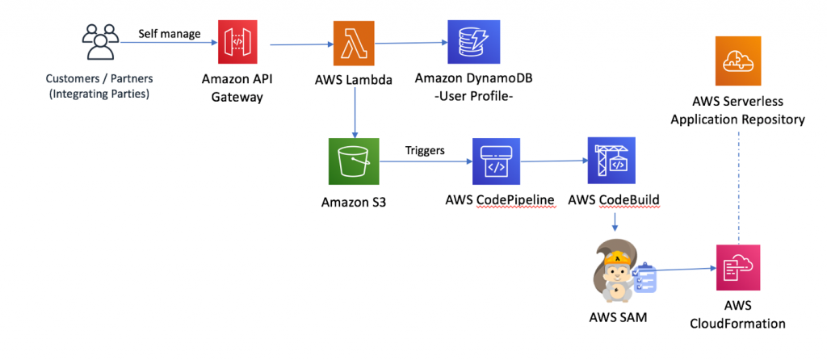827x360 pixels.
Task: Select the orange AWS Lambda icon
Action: [x=354, y=42]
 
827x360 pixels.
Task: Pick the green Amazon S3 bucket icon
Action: [x=354, y=162]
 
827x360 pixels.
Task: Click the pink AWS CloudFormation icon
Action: [x=738, y=268]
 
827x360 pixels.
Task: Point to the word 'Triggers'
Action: [x=425, y=150]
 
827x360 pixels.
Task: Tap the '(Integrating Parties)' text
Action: [x=99, y=93]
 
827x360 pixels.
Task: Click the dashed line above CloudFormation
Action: [x=738, y=186]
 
